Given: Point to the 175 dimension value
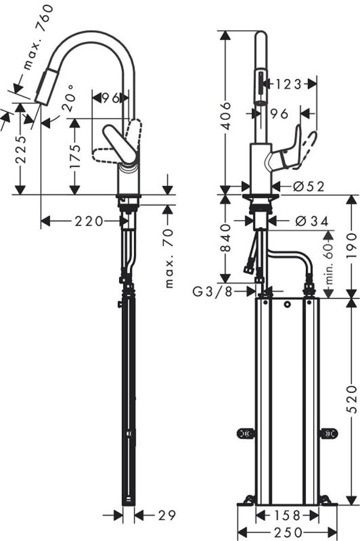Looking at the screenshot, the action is coord(75,156).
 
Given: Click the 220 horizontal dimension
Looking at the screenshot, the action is coord(89,221).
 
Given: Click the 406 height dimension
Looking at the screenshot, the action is coord(226,116).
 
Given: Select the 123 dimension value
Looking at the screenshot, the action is coord(289,84).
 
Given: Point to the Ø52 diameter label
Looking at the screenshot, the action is coord(309,187).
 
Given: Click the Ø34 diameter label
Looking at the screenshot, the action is coord(312,221).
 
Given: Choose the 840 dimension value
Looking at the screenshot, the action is coord(226,238).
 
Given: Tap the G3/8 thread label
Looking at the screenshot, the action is coord(212,292).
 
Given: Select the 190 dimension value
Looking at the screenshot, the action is coord(351,245).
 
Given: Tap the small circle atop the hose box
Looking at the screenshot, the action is coord(287,305).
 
